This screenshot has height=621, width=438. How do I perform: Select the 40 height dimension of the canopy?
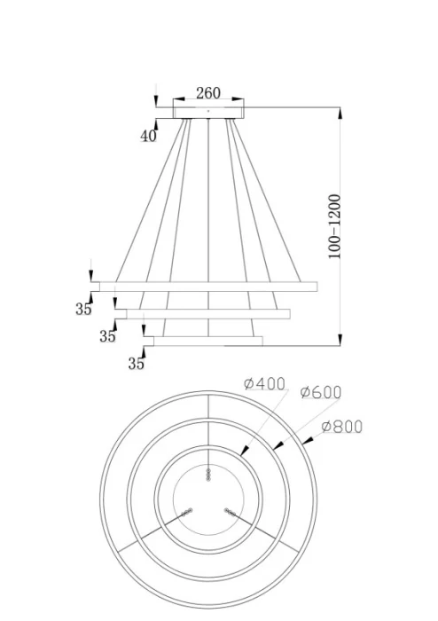click(148, 136)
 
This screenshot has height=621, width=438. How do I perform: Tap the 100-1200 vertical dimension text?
click(334, 226)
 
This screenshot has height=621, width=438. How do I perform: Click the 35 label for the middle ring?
click(107, 336)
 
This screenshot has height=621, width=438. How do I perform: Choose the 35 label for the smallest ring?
click(136, 363)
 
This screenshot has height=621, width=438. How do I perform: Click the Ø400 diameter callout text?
click(264, 384)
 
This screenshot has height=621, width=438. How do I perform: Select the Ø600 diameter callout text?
click(320, 392)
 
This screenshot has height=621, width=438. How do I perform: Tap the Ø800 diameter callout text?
click(341, 426)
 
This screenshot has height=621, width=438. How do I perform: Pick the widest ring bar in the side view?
click(208, 286)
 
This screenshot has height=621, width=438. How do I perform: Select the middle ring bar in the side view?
click(208, 313)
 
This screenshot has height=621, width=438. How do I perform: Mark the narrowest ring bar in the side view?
click(208, 341)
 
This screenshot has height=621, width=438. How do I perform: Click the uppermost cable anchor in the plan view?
click(208, 475)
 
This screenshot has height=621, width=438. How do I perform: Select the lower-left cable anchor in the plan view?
click(188, 512)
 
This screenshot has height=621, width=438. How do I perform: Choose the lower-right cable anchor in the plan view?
click(230, 512)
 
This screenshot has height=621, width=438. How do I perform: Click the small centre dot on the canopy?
click(208, 111)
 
